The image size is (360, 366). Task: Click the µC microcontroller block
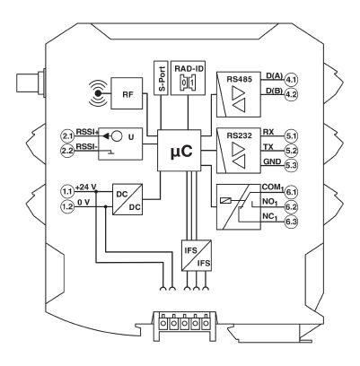tap(179, 151)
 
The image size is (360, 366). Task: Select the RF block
tap(127, 93)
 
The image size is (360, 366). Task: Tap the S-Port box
tap(161, 78)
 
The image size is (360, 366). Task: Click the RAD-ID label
tap(189, 68)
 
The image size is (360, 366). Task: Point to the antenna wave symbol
tap(98, 93)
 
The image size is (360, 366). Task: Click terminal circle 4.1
tap(291, 80)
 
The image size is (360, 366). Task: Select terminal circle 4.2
tap(291, 95)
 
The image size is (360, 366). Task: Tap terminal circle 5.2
tap(291, 151)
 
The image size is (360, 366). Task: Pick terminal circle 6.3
tap(291, 222)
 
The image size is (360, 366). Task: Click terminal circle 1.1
tap(67, 191)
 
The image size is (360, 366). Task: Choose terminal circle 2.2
tap(67, 151)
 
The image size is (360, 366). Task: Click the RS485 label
tap(239, 80)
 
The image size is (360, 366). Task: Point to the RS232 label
tap(239, 135)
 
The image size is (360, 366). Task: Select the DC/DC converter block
tap(127, 199)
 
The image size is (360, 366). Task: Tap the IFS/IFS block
tap(197, 256)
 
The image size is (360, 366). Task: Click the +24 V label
tap(86, 187)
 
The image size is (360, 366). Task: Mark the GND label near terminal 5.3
tap(272, 161)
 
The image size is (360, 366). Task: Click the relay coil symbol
tap(225, 201)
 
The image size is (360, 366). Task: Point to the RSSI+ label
tap(86, 132)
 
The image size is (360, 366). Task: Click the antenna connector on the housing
tap(31, 83)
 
